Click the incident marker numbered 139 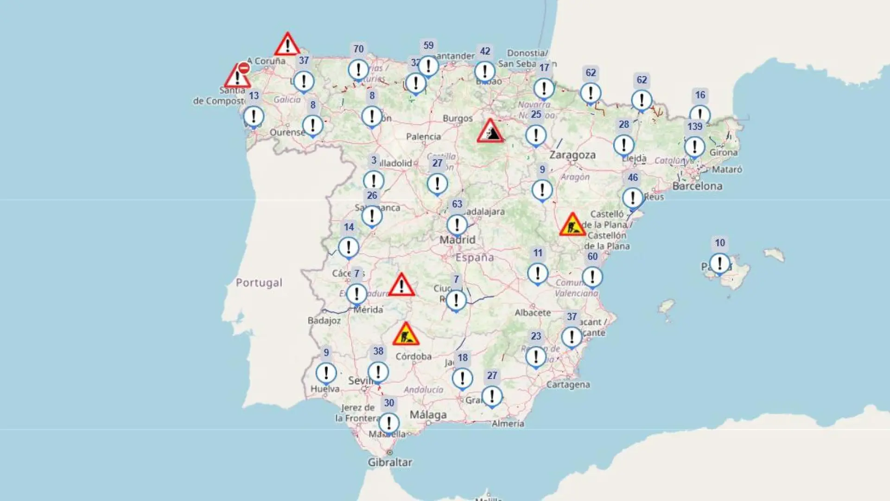pyautogui.click(x=694, y=147)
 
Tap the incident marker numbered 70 pyautogui.click(x=358, y=70)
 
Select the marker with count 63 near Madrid pyautogui.click(x=457, y=225)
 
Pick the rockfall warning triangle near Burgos pyautogui.click(x=490, y=131)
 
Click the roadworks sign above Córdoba pyautogui.click(x=406, y=334)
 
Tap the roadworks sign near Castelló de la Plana pyautogui.click(x=572, y=225)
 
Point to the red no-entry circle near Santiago pyautogui.click(x=244, y=68)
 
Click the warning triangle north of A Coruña pyautogui.click(x=287, y=45)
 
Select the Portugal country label pyautogui.click(x=259, y=283)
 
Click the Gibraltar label pyautogui.click(x=390, y=462)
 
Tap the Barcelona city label pyautogui.click(x=697, y=186)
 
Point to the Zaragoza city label pyautogui.click(x=572, y=155)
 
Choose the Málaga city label pyautogui.click(x=428, y=415)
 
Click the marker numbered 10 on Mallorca pyautogui.click(x=719, y=263)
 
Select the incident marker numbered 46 pyautogui.click(x=633, y=198)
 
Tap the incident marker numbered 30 pyautogui.click(x=389, y=423)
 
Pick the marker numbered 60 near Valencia pyautogui.click(x=592, y=277)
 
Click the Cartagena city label pyautogui.click(x=568, y=385)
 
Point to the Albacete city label pyautogui.click(x=533, y=313)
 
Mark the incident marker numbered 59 pyautogui.click(x=428, y=66)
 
